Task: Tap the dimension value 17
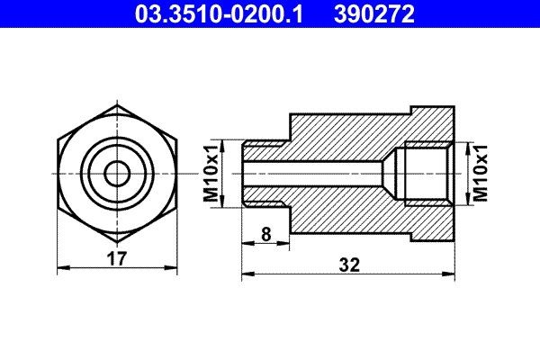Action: pyautogui.click(x=115, y=257)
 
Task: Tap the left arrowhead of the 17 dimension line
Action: pyautogui.click(x=61, y=267)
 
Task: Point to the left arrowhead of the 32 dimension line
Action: pyautogui.click(x=247, y=274)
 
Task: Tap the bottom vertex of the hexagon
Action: pyautogui.click(x=115, y=241)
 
